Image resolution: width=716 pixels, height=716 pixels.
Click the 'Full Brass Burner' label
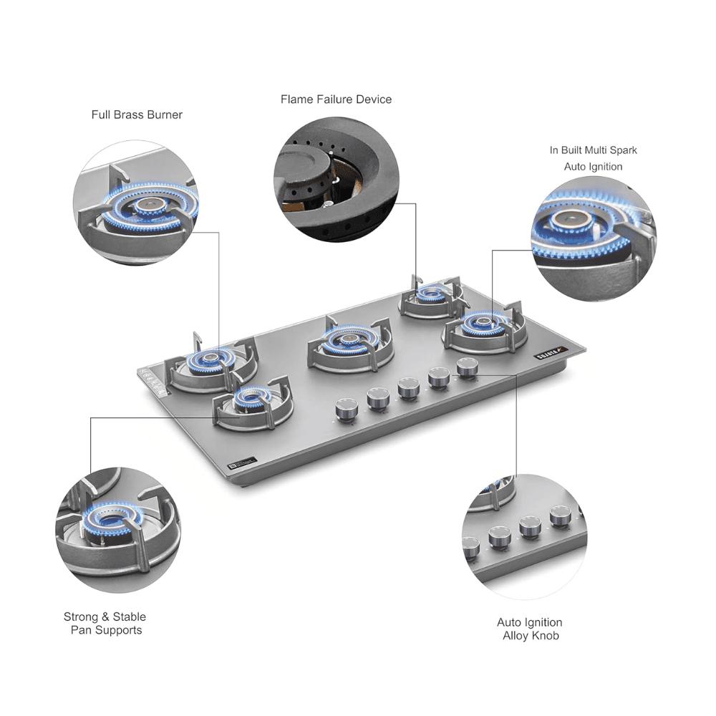click(x=137, y=115)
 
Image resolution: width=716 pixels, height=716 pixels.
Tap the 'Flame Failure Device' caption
click(x=336, y=100)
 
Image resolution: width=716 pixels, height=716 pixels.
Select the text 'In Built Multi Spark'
click(x=593, y=150)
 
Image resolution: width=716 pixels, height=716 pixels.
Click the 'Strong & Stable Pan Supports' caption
click(x=105, y=623)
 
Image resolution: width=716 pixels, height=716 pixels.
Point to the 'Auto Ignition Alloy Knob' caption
click(x=531, y=629)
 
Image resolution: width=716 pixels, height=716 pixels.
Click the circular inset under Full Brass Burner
click(x=136, y=203)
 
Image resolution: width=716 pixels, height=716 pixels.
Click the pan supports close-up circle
click(x=118, y=530)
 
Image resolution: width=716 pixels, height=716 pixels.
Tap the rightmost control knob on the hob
click(x=468, y=367)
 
